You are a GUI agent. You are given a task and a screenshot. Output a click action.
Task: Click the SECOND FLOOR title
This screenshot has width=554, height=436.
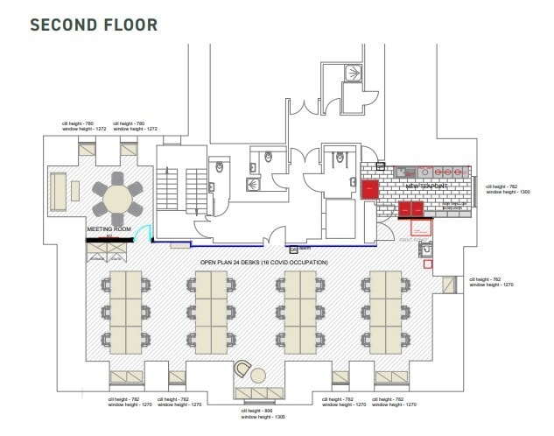click(94, 24)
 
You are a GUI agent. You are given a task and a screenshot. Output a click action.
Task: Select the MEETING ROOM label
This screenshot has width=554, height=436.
click(109, 230)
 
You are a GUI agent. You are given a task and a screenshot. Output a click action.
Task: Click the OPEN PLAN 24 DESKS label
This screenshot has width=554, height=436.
click(263, 263)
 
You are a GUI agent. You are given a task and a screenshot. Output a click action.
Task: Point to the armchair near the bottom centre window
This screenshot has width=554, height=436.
click(242, 371)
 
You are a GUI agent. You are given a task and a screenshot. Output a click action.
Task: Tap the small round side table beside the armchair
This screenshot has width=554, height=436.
click(259, 376)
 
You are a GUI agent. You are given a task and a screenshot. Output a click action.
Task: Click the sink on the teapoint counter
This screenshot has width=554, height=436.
click(405, 172)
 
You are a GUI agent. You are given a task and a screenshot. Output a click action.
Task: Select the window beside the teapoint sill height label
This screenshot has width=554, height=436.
click(477, 189)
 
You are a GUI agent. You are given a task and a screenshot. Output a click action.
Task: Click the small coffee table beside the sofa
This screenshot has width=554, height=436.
click(76, 189)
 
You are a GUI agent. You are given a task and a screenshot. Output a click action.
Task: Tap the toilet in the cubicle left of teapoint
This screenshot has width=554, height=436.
click(341, 158)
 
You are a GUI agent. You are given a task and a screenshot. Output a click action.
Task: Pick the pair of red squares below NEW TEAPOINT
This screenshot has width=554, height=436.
click(410, 208)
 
